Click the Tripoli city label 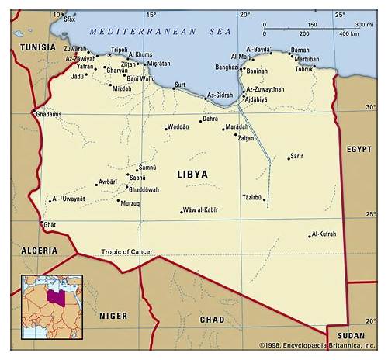pos(119,50)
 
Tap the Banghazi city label pos(226,67)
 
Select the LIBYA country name pos(192,175)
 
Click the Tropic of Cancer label pos(126,251)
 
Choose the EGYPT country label pos(359,148)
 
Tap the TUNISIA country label pos(38,47)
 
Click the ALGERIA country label pos(39,251)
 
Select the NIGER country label pos(113,316)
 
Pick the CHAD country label pos(212,319)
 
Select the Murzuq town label pos(130,202)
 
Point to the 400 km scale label pos(348,33)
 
